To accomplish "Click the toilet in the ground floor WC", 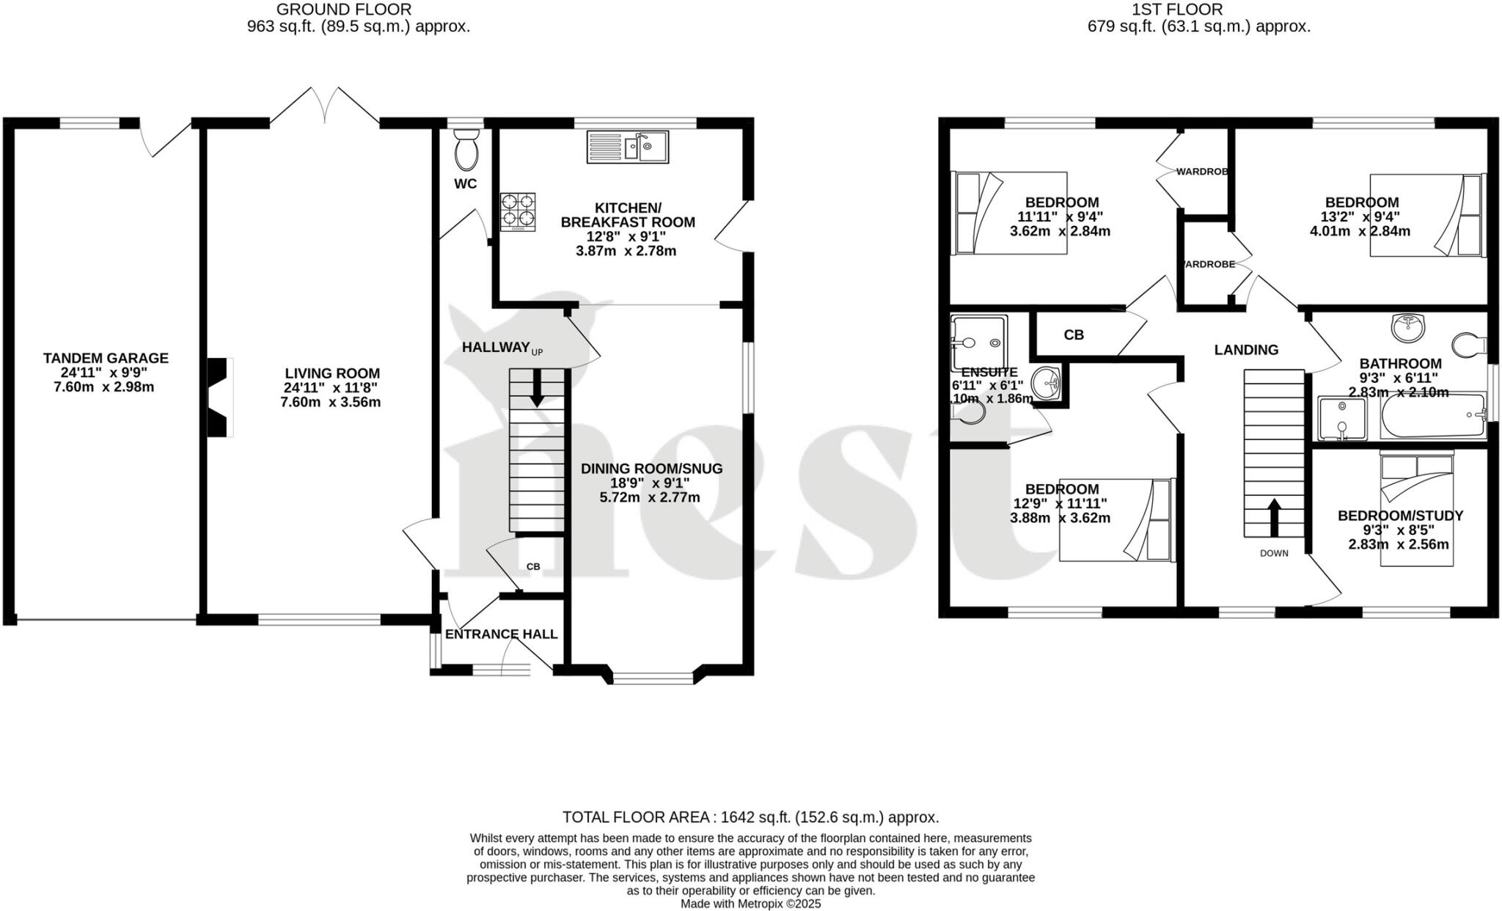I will coord(466,150).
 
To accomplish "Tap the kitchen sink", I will coord(628,147).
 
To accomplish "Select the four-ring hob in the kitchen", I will coord(518,211).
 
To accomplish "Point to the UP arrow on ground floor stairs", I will coord(537,387).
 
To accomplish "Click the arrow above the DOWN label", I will coord(1274,518).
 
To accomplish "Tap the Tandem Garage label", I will coord(105,372).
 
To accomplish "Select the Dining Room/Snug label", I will coord(651,483).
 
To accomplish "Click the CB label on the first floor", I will coord(1074,335).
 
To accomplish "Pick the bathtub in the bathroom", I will coord(1432,416).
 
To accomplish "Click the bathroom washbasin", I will coord(1407,329).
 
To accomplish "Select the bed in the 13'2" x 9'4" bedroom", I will coord(1425,215).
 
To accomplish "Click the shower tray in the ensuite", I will coord(979,343).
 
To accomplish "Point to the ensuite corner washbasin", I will coord(1047,382).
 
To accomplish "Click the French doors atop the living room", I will coord(325,106).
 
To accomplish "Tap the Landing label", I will coord(1246,350).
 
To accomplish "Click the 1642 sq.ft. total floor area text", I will coord(750,817).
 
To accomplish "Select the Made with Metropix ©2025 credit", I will coord(750,904).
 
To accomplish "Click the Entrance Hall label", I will coord(502,634).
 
